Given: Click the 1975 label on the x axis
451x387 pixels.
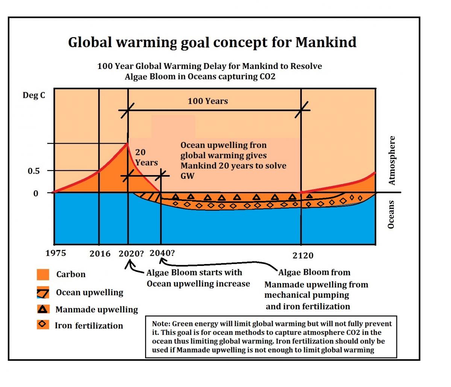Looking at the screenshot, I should tap(56, 253).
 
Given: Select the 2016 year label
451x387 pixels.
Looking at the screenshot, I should tap(100, 254).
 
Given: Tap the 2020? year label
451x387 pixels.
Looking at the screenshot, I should tap(131, 253).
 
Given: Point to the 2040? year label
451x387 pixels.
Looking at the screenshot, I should tap(162, 253).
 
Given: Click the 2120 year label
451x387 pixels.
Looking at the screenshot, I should tap(303, 256).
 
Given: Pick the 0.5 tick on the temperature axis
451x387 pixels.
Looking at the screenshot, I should tap(34, 171).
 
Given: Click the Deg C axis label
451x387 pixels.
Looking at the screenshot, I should tap(34, 95).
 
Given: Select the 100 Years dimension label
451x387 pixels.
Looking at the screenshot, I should tap(208, 101).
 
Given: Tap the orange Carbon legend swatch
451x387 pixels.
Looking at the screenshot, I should tap(43, 274).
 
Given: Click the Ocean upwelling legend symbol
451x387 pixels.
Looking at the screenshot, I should tap(43, 292).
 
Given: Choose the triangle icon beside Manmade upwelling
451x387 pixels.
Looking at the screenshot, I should tap(43, 309).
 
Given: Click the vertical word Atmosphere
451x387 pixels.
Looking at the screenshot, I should tap(392, 160).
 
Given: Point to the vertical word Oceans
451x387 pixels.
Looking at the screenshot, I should tap(391, 214).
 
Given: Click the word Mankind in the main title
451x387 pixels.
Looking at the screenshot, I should tap(326, 42).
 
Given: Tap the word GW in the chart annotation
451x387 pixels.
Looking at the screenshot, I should tap(187, 176).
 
